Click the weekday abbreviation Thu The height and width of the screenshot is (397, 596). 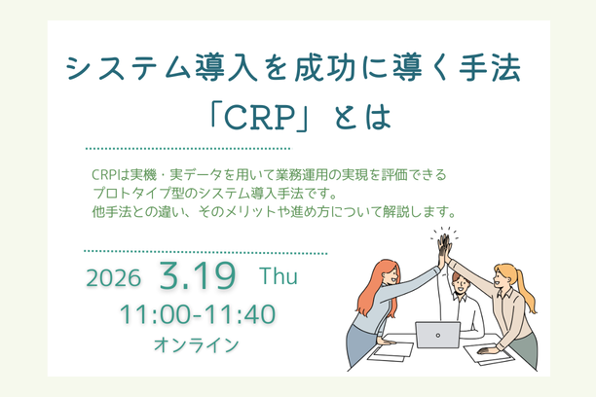[278, 275]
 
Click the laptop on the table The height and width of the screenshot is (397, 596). [437, 335]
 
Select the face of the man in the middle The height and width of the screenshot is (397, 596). [461, 282]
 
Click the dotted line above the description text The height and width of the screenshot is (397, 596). [189, 149]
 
